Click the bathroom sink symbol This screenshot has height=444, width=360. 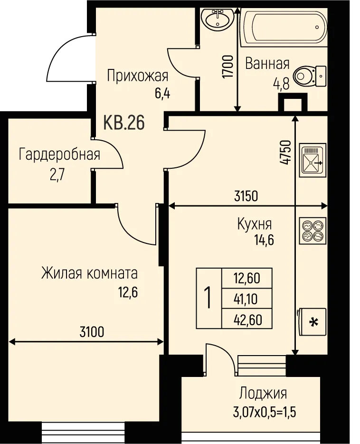217,19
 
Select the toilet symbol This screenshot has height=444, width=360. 310,77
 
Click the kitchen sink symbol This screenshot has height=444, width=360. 313,160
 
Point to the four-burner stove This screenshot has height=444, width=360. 313,231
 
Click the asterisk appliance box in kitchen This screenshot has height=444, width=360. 312,322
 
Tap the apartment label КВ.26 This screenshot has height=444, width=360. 124,123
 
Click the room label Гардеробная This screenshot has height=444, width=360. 59,155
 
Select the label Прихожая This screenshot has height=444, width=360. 137,76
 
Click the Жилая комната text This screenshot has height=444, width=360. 90,274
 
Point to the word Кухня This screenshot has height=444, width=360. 255,224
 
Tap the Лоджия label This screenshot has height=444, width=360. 263,393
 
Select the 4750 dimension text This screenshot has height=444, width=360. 285,152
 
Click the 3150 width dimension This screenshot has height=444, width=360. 246,196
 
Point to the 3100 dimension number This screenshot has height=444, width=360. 92,332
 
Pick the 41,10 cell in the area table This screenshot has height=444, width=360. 246,299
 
